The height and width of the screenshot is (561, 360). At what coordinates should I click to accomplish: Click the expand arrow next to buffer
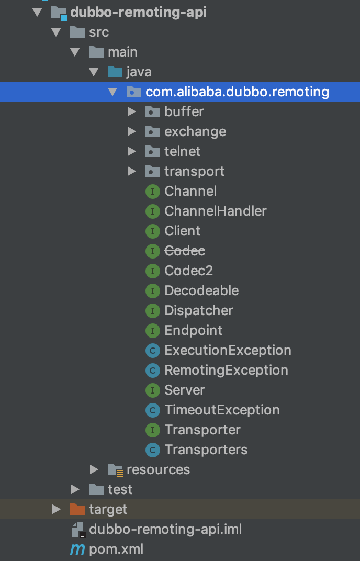[x=132, y=111]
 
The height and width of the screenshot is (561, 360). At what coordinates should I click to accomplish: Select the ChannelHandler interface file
[x=216, y=211]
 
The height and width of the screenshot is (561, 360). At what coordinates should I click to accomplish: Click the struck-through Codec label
[x=185, y=251]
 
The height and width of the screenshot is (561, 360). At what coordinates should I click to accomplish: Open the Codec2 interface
[x=188, y=271]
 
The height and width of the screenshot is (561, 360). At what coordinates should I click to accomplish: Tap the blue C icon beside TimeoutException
[x=153, y=410]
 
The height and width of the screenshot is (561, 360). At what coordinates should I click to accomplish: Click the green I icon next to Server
[x=153, y=390]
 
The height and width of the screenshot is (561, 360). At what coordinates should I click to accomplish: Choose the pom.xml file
[x=116, y=549]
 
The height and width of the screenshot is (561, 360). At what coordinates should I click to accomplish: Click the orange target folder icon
[x=77, y=509]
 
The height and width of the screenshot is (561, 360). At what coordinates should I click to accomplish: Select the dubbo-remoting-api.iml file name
[x=165, y=529]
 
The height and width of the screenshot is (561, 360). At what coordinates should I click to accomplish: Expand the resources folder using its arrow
[x=94, y=469]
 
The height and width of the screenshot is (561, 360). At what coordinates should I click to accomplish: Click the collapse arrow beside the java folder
[x=94, y=72]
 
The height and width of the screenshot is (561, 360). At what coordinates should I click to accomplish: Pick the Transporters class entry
[x=206, y=450]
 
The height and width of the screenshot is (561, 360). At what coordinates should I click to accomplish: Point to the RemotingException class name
[x=226, y=371]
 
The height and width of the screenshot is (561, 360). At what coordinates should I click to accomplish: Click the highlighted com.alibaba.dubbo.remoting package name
[x=237, y=92]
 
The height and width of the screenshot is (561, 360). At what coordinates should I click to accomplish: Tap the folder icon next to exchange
[x=152, y=132]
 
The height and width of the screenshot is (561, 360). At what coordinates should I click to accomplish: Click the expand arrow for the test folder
[x=75, y=489]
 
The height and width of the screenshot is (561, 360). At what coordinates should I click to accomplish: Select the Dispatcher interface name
[x=199, y=310]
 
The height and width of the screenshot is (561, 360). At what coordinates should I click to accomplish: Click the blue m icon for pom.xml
[x=77, y=549]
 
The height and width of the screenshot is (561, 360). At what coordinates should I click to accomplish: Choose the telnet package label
[x=182, y=151]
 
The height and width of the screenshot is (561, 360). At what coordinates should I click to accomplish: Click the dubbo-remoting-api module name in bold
[x=139, y=12]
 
